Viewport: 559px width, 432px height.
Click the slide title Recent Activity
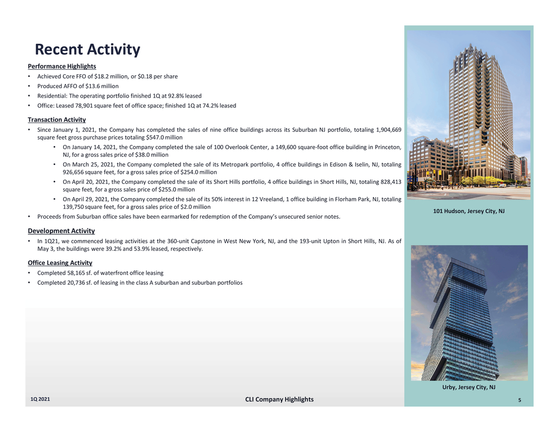coord(88,50)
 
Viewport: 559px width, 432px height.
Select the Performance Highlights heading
coord(61,66)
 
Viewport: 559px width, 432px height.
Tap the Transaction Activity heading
coord(57,119)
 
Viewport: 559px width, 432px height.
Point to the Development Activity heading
coord(61,230)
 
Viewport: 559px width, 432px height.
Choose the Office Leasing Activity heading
coord(60,263)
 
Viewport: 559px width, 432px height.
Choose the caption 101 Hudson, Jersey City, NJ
coord(469,211)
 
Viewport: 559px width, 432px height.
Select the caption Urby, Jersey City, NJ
coord(469,387)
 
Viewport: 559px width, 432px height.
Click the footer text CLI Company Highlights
coord(279,399)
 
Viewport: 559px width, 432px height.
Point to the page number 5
coord(526,400)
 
